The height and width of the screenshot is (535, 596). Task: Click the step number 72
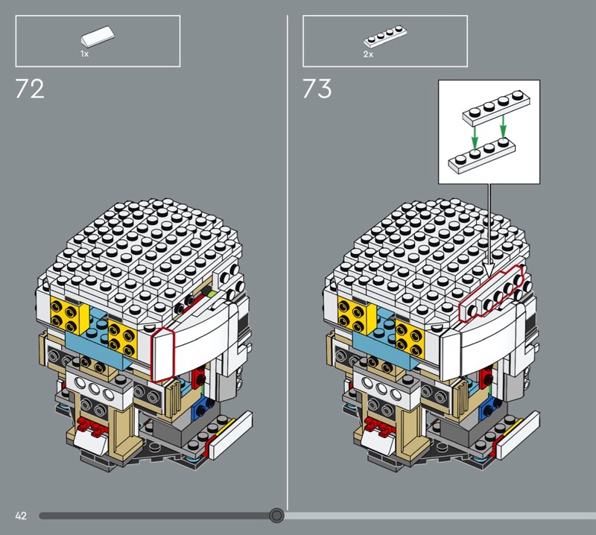coord(30,89)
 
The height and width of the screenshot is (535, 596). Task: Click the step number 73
coord(317,89)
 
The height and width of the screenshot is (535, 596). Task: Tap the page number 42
coord(21,516)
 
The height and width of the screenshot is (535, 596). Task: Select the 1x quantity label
coord(84,54)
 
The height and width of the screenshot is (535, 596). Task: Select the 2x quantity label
coord(368,54)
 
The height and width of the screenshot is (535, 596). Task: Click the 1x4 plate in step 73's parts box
coord(385,36)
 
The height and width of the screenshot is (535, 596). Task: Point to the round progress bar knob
coord(276,516)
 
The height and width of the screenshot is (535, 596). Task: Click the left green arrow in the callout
coord(475,138)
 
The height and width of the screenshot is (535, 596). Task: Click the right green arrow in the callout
coord(504,127)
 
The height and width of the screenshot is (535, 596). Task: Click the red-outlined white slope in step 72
coord(162,355)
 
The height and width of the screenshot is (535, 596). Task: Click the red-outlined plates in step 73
coord(492,293)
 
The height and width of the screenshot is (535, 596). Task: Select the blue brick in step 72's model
coord(200,407)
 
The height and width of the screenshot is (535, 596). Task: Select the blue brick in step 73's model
coord(487,407)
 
